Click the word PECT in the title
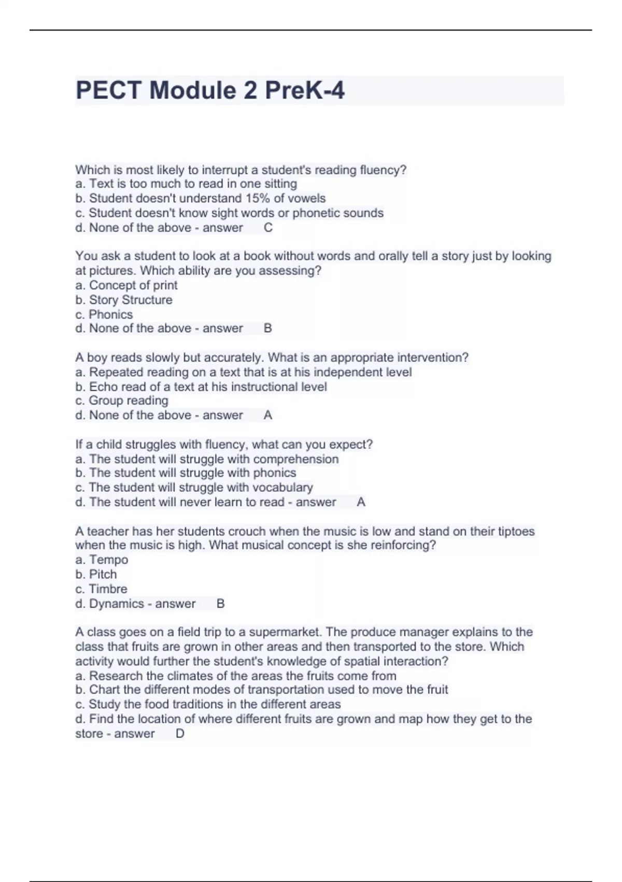click(108, 90)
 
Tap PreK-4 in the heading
click(304, 90)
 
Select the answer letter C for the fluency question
click(268, 228)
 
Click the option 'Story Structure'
click(131, 300)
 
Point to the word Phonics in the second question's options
click(110, 314)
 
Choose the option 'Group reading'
click(128, 401)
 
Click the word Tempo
click(108, 560)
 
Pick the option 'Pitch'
click(103, 574)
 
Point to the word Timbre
click(108, 589)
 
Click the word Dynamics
click(116, 603)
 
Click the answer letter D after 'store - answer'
click(180, 734)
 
